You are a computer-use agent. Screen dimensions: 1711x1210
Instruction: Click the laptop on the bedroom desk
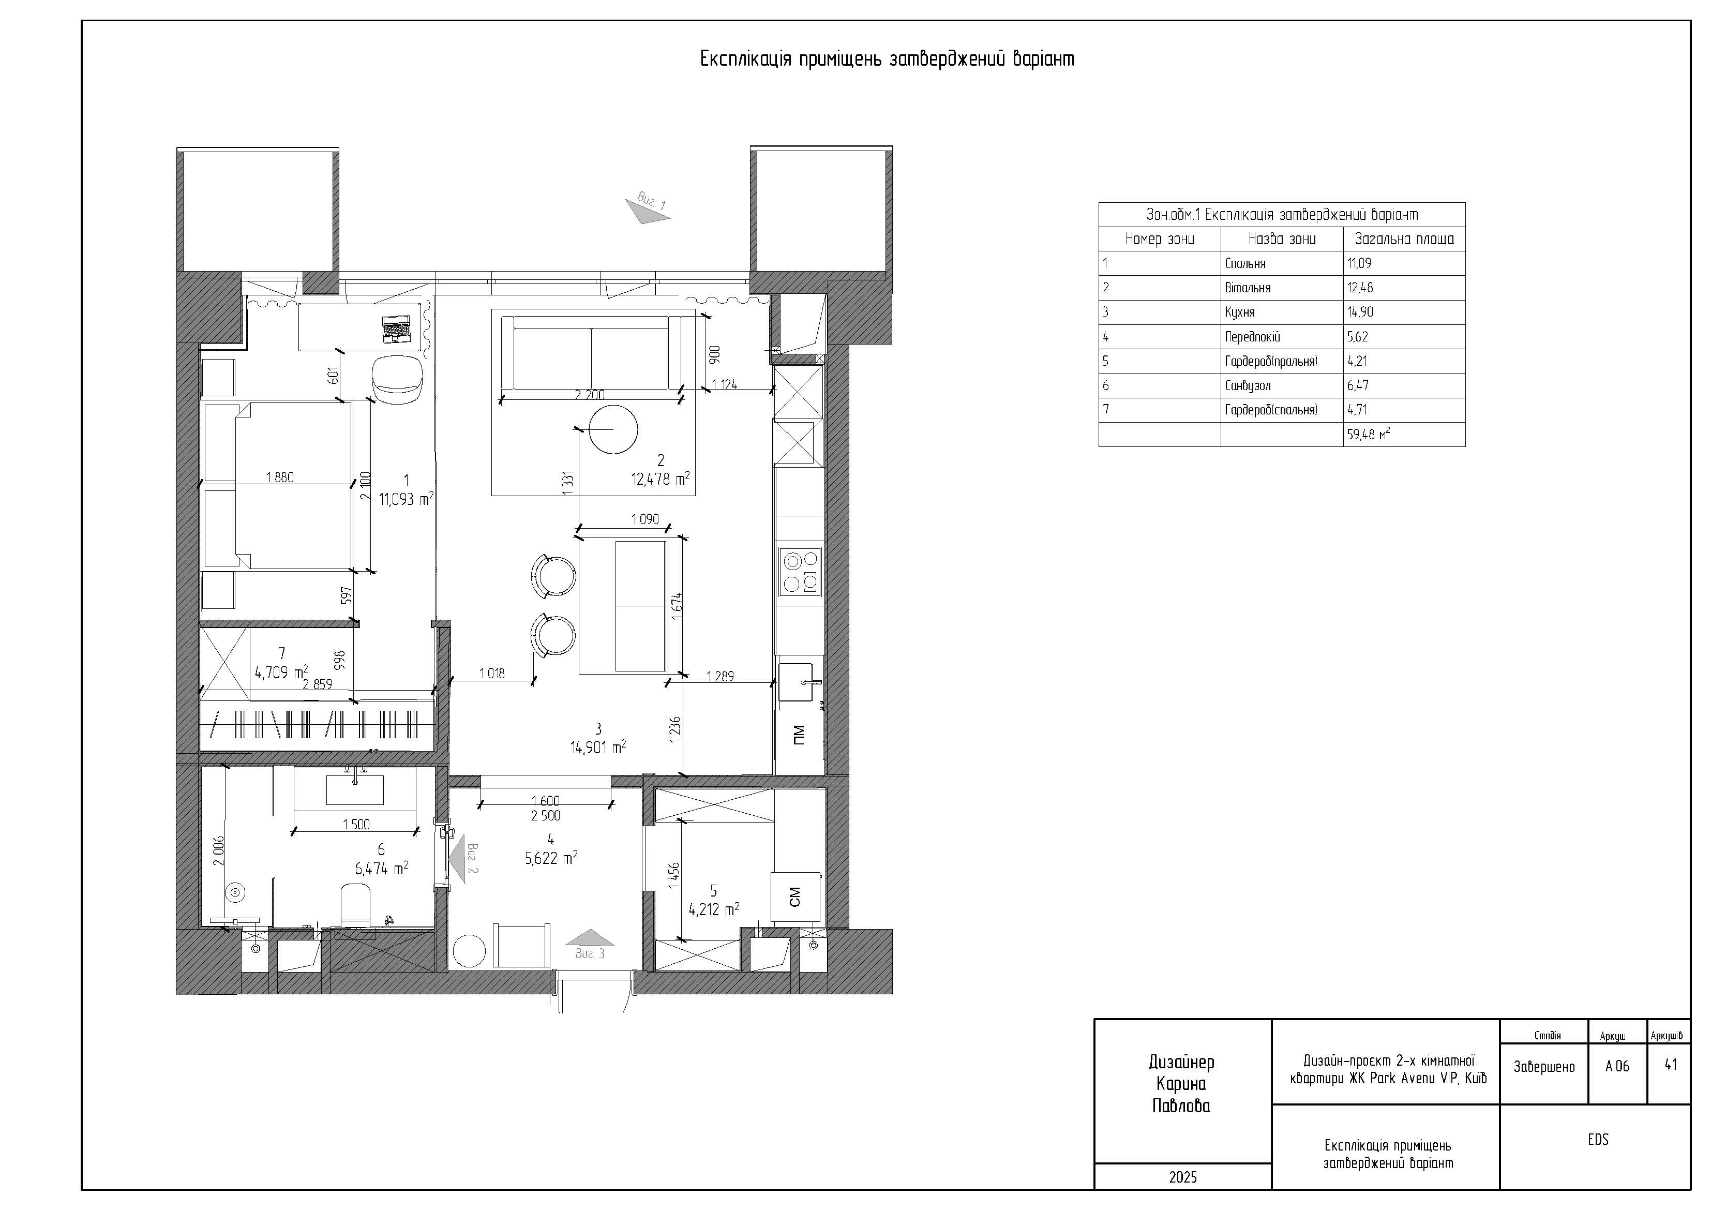coord(396,330)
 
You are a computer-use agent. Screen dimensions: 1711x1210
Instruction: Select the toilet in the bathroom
coord(355,905)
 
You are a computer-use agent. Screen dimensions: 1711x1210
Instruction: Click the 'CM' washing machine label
coord(794,897)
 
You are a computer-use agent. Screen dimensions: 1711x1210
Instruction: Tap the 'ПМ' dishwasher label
coord(799,735)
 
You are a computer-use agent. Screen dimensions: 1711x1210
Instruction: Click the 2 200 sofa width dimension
coord(590,395)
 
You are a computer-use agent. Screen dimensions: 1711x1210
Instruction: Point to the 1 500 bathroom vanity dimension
coord(356,824)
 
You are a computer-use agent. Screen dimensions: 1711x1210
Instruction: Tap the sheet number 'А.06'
coord(1617,1066)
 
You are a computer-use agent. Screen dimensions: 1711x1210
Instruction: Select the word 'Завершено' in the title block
coord(1544,1066)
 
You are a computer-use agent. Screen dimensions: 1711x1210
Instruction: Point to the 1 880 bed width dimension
coord(279,477)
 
